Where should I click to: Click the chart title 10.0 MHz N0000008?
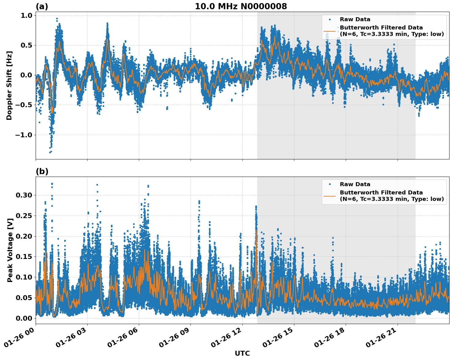pos(241,6)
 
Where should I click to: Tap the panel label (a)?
pos(42,6)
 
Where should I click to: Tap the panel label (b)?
pos(42,171)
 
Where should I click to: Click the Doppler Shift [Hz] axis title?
pos(9,85)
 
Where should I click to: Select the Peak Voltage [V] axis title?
pos(10,257)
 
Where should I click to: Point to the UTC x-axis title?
pos(242,353)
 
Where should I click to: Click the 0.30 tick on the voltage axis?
pos(24,195)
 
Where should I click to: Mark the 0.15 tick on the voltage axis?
pos(24,256)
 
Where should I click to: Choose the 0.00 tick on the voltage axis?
pos(24,318)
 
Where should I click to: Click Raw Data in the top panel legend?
pos(355,19)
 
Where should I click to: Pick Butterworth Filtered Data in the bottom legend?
pos(381,193)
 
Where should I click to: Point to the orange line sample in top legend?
pos(329,31)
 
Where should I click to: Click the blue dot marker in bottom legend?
pos(329,184)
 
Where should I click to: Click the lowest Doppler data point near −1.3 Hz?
pos(50,152)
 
